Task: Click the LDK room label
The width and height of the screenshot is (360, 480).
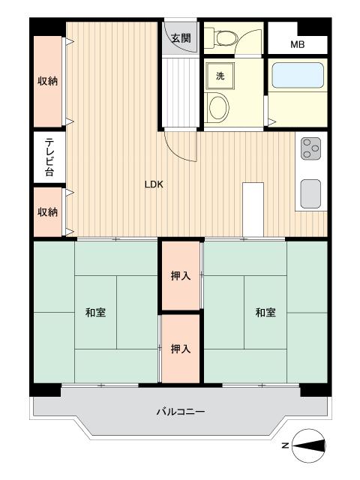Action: tap(154, 184)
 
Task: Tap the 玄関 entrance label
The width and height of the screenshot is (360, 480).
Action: tap(181, 38)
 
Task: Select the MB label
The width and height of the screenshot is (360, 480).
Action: tap(297, 45)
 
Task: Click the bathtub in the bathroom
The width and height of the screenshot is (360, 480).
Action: tap(298, 76)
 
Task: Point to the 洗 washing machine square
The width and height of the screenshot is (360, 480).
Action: tap(220, 76)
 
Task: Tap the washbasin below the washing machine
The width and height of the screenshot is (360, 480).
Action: tap(218, 107)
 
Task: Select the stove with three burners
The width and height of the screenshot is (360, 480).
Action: tap(311, 148)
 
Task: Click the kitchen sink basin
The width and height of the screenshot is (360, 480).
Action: tap(310, 193)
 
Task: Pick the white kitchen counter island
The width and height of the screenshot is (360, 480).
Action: tap(253, 210)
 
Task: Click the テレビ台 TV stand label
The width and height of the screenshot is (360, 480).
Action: tap(49, 157)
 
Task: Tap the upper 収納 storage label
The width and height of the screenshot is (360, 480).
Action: tap(47, 81)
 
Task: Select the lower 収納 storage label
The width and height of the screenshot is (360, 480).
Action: tap(47, 211)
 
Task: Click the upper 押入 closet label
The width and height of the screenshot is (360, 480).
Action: tap(181, 276)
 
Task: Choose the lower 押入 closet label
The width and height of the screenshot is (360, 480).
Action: tap(181, 349)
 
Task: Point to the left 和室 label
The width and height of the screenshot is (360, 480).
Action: tap(95, 313)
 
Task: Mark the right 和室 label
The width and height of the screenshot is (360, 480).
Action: tap(265, 313)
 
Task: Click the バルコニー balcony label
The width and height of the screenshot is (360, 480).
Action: tap(181, 412)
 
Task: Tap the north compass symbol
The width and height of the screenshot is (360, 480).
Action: tap(308, 445)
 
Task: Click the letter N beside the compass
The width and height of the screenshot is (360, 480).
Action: tap(285, 445)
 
